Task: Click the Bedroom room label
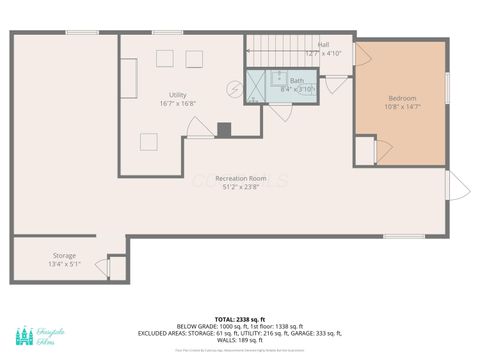pyautogui.click(x=402, y=98)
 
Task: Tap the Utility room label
pyautogui.click(x=177, y=94)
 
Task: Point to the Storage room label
pyautogui.click(x=36, y=256)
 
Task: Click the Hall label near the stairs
pyautogui.click(x=323, y=45)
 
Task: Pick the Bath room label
pyautogui.click(x=297, y=80)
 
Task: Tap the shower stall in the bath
pyautogui.click(x=256, y=87)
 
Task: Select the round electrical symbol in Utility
pyautogui.click(x=235, y=89)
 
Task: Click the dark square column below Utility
pyautogui.click(x=224, y=129)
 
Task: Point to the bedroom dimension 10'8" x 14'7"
pyautogui.click(x=402, y=107)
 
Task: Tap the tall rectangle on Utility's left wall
pyautogui.click(x=128, y=77)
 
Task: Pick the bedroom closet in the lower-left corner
pyautogui.click(x=365, y=151)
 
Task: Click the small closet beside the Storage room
pyautogui.click(x=116, y=268)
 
